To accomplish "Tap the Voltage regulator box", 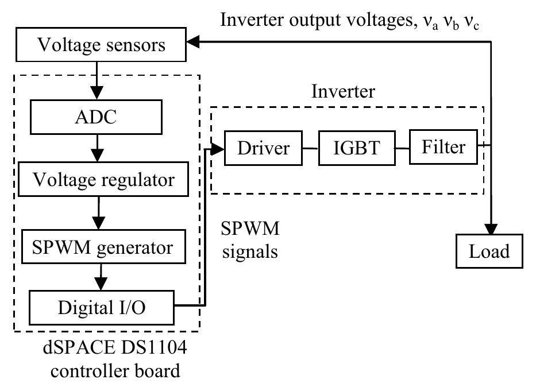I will tap(103, 180).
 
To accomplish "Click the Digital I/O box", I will tap(101, 307).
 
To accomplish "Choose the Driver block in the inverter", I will tap(263, 149).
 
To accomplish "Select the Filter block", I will tap(443, 147).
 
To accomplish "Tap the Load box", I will tap(489, 251).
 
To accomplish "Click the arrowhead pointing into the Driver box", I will tap(218, 149).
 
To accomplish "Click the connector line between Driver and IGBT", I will tap(311, 149).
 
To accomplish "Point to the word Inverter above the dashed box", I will tap(343, 91).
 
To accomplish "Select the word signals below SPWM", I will tap(249, 251).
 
